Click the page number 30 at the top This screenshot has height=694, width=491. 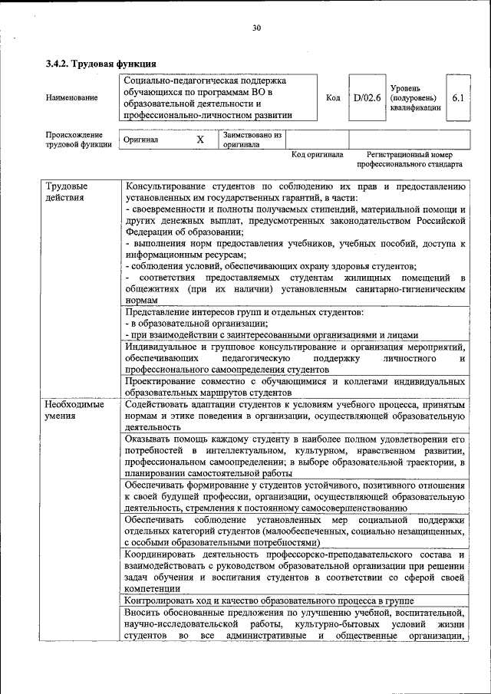click(256, 28)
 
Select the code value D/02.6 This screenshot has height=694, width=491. click(367, 98)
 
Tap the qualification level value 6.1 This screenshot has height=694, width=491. click(458, 98)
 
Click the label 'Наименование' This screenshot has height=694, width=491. click(72, 98)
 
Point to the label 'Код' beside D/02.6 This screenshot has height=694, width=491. click(333, 98)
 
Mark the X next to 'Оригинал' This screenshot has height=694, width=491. click(200, 140)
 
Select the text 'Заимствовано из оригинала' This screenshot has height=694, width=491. click(252, 140)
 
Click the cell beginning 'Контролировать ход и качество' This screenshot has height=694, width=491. click(269, 600)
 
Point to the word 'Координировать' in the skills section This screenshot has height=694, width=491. click(163, 554)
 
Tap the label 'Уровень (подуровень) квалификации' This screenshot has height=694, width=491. click(415, 98)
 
